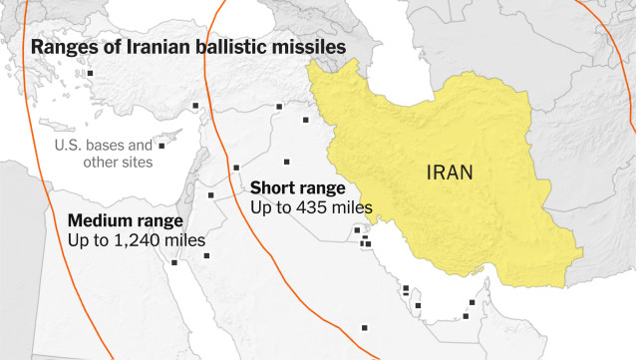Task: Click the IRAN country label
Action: point(450,172)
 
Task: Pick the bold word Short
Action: point(273,187)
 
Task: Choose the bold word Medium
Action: point(98,220)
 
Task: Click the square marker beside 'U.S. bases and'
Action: point(161,146)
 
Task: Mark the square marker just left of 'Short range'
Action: point(236,168)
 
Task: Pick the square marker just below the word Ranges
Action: point(89,74)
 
